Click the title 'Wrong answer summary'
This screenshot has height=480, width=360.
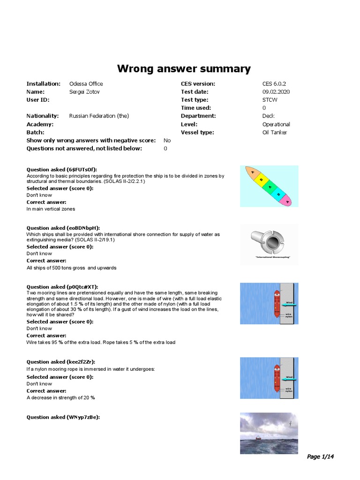click(x=183, y=69)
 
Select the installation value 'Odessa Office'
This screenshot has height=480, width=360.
click(x=86, y=84)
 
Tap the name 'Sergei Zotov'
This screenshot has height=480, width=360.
click(x=84, y=92)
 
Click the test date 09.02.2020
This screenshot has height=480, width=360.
click(x=276, y=92)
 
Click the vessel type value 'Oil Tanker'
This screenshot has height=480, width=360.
click(x=275, y=132)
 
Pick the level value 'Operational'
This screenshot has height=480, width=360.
click(x=276, y=124)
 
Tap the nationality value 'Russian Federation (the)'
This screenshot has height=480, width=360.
click(x=99, y=116)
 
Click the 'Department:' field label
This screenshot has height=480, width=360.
click(x=198, y=116)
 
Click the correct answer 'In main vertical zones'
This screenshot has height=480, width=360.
click(x=51, y=209)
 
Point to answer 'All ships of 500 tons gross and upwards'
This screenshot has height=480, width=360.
click(x=71, y=268)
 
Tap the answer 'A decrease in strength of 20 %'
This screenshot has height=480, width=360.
click(x=60, y=397)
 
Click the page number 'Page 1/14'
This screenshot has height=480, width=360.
click(x=321, y=457)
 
